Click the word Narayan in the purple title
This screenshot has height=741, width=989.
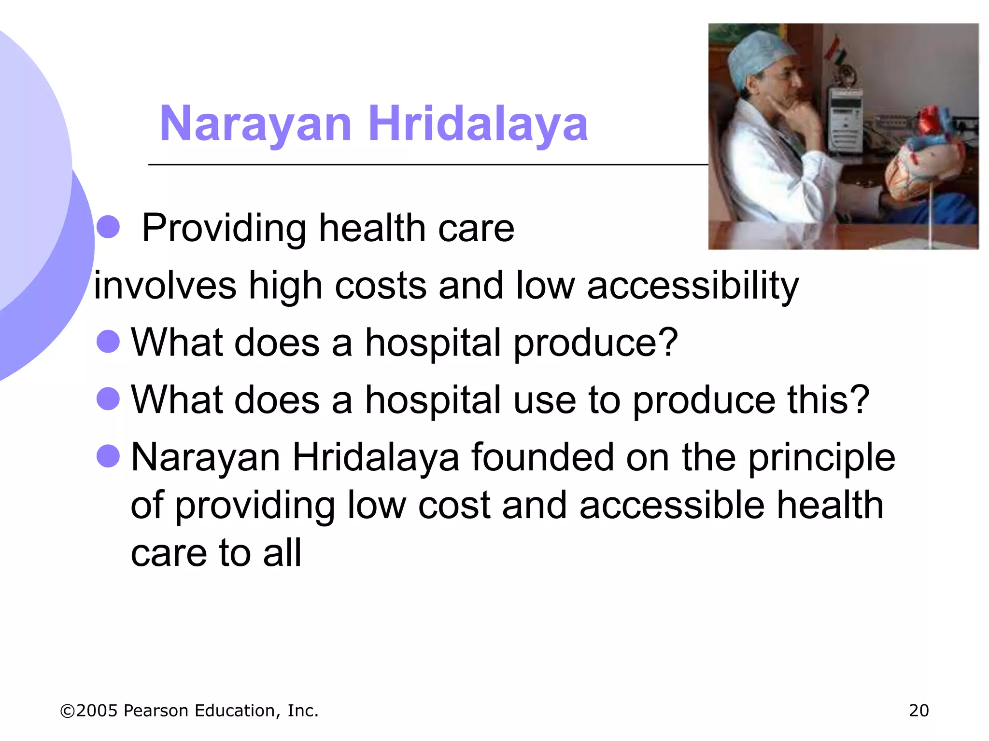click(x=255, y=124)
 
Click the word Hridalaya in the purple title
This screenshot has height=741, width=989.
click(x=478, y=124)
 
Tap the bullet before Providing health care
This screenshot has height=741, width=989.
click(x=108, y=227)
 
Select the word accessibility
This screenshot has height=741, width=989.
click(x=693, y=286)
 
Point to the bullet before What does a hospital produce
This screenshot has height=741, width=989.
click(x=108, y=342)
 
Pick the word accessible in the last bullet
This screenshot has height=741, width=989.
click(x=672, y=506)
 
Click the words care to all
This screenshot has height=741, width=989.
click(x=216, y=553)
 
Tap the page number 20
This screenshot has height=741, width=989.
click(x=918, y=711)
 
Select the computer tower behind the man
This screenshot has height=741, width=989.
click(x=845, y=121)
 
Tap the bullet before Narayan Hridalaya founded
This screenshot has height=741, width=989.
click(x=108, y=456)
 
